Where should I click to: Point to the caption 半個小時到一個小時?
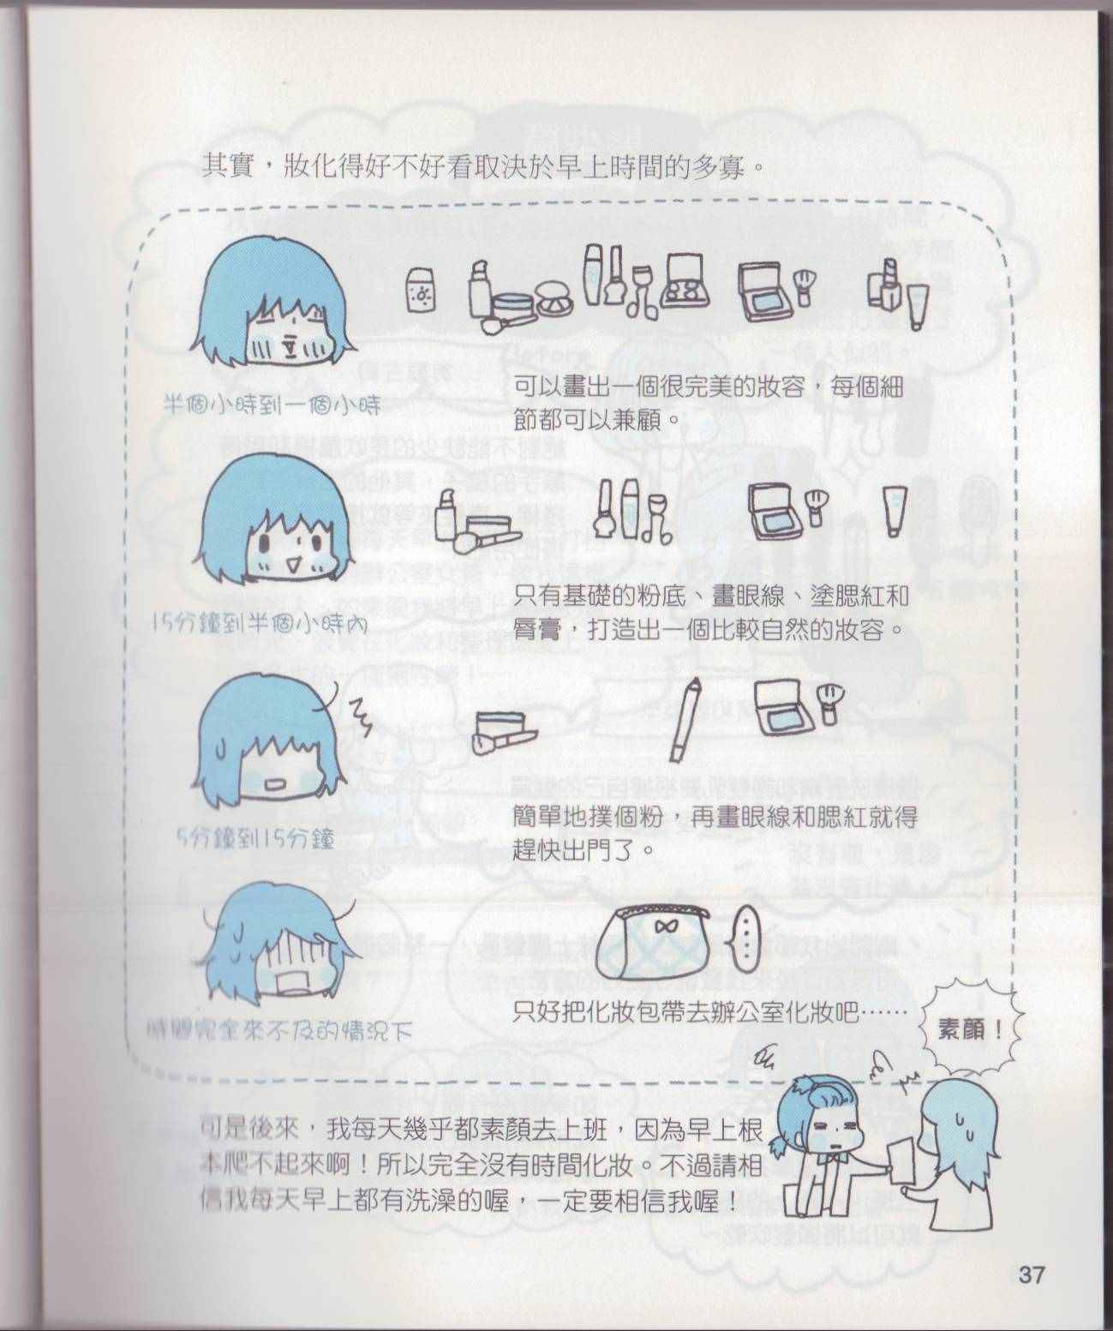coord(272,405)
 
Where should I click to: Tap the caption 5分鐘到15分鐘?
coord(255,841)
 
